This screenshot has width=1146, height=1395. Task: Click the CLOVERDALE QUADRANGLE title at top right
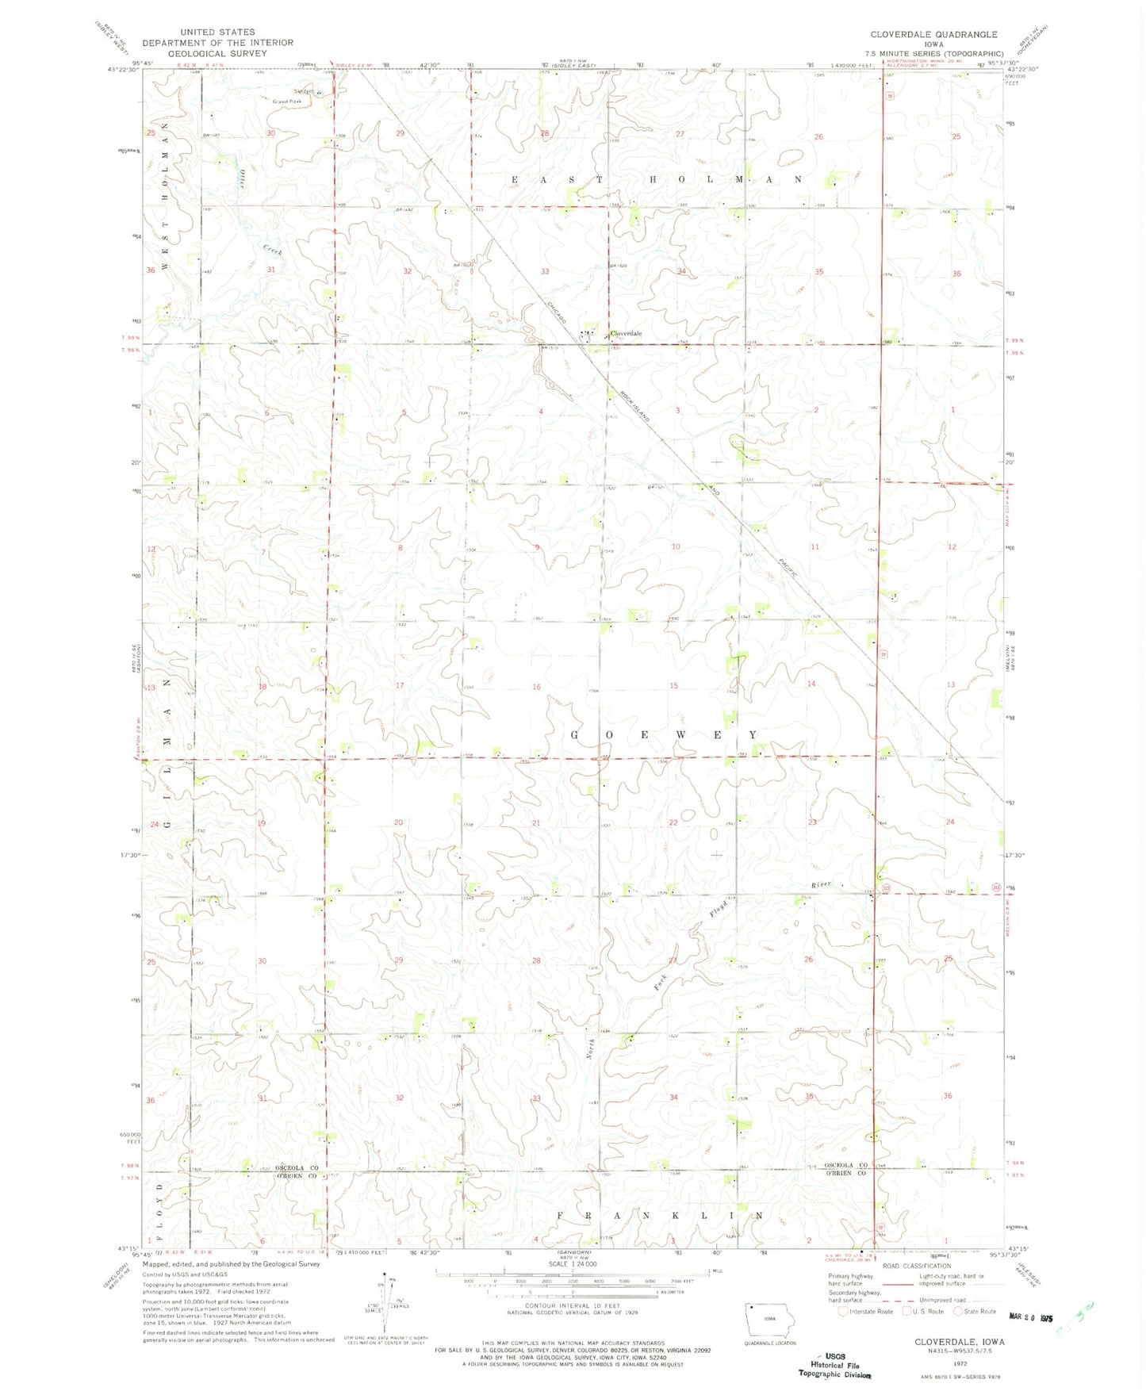click(x=933, y=35)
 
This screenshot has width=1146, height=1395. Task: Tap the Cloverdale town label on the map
click(x=625, y=334)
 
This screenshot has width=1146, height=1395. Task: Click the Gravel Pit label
click(x=287, y=102)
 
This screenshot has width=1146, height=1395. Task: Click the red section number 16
click(x=536, y=687)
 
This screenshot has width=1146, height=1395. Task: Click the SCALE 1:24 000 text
click(x=570, y=1264)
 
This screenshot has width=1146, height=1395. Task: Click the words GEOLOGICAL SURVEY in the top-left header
click(x=217, y=53)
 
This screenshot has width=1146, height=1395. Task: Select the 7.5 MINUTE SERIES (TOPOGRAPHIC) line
click(x=933, y=54)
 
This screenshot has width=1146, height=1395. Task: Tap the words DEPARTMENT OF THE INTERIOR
click(x=217, y=43)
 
